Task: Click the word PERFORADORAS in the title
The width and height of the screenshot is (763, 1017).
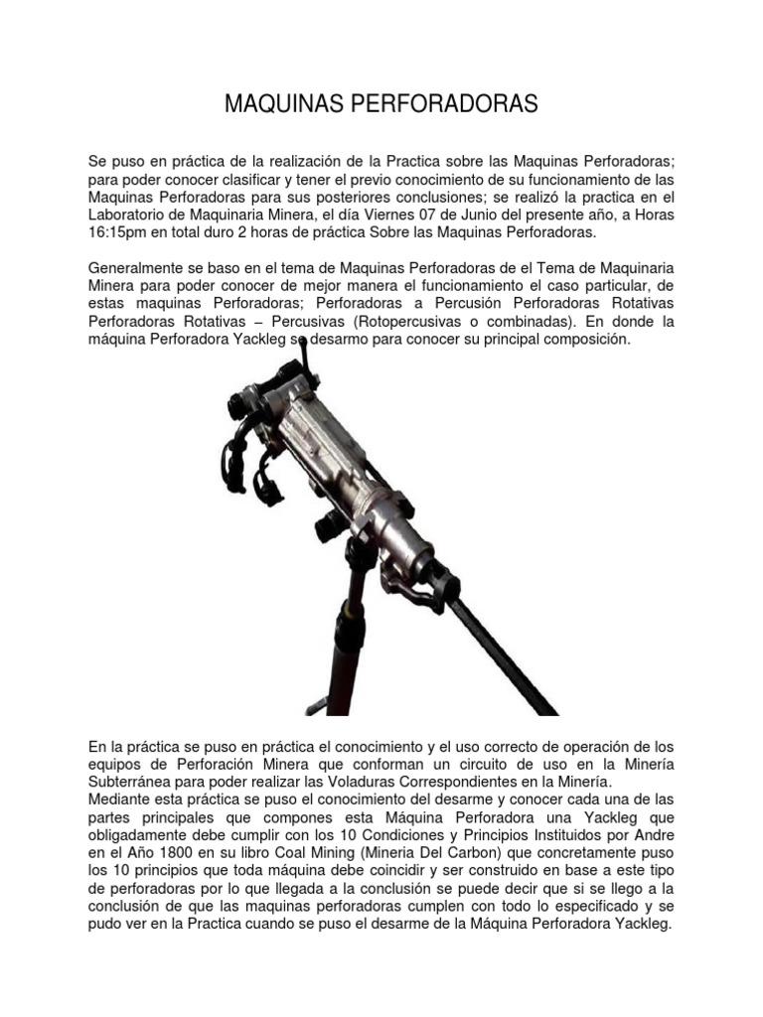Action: coord(444,104)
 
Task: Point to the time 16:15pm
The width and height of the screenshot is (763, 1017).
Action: coord(123,233)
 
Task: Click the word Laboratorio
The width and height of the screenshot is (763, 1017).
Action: coord(135,215)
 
